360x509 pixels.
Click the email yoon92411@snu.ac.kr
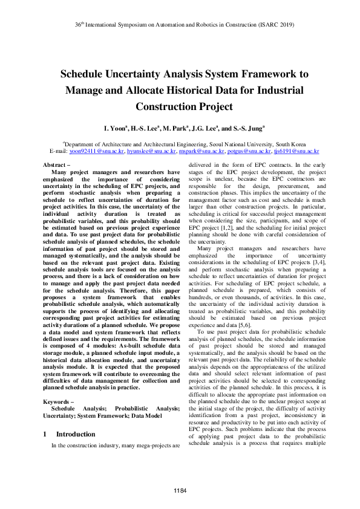[97, 152]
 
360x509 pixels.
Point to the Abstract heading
[57, 165]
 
